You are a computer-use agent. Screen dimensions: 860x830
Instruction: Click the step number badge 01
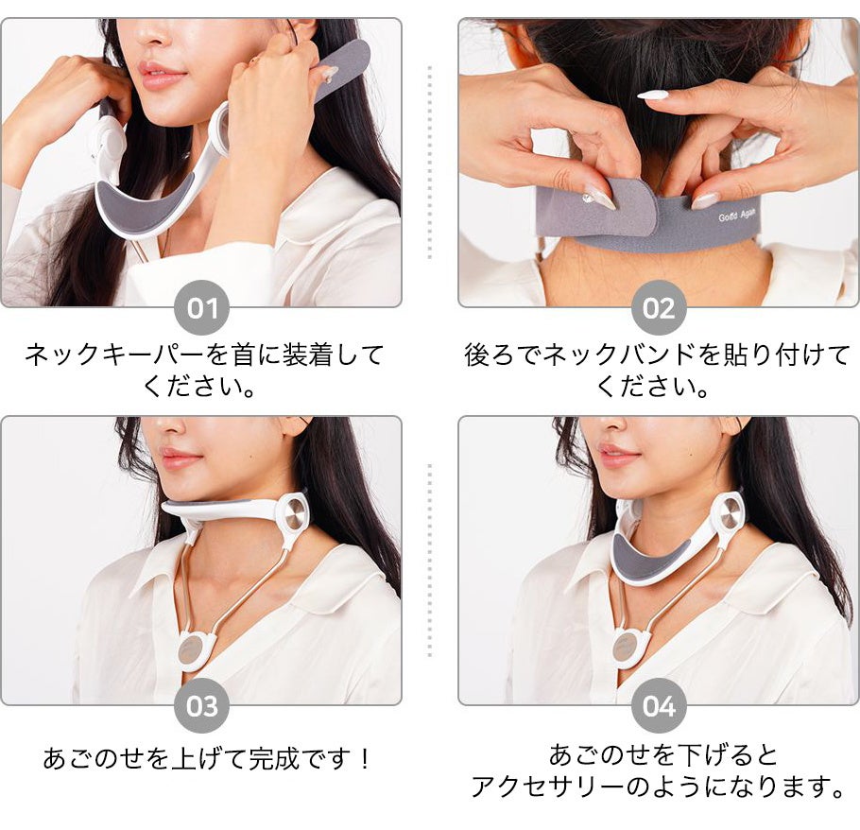(202, 308)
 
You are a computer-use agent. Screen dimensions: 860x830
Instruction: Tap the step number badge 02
(659, 308)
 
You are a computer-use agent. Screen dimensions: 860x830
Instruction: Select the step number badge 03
(202, 705)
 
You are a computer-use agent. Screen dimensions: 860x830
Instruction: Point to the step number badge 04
(659, 705)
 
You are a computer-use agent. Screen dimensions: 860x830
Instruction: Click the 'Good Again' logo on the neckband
(737, 215)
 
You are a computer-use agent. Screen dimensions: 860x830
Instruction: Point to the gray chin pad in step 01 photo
(144, 201)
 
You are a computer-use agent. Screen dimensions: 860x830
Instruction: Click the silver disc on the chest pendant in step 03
(190, 648)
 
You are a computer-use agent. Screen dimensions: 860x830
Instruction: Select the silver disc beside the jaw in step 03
(295, 514)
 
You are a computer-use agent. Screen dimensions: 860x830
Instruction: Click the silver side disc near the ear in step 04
(731, 514)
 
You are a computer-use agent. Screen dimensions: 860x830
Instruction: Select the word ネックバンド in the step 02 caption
(619, 354)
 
